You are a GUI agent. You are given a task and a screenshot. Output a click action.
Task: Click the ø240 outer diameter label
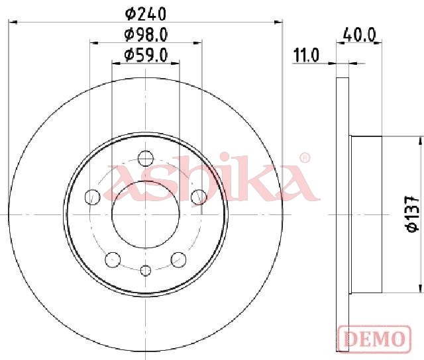click(x=146, y=14)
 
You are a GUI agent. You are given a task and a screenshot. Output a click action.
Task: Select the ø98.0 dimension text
click(x=146, y=35)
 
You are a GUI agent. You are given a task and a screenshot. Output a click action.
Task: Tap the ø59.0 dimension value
click(x=146, y=55)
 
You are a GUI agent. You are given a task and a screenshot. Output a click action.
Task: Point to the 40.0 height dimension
click(x=359, y=34)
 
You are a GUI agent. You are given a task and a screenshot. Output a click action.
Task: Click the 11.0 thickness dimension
click(x=306, y=55)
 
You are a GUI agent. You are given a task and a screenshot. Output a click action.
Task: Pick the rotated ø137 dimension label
click(x=413, y=214)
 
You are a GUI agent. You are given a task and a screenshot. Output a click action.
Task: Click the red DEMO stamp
click(x=374, y=339)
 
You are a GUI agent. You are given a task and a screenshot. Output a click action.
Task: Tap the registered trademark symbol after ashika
click(x=305, y=158)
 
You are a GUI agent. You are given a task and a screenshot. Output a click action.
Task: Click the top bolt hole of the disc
click(x=146, y=158)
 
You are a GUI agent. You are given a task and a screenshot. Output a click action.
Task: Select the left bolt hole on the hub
click(x=93, y=197)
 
